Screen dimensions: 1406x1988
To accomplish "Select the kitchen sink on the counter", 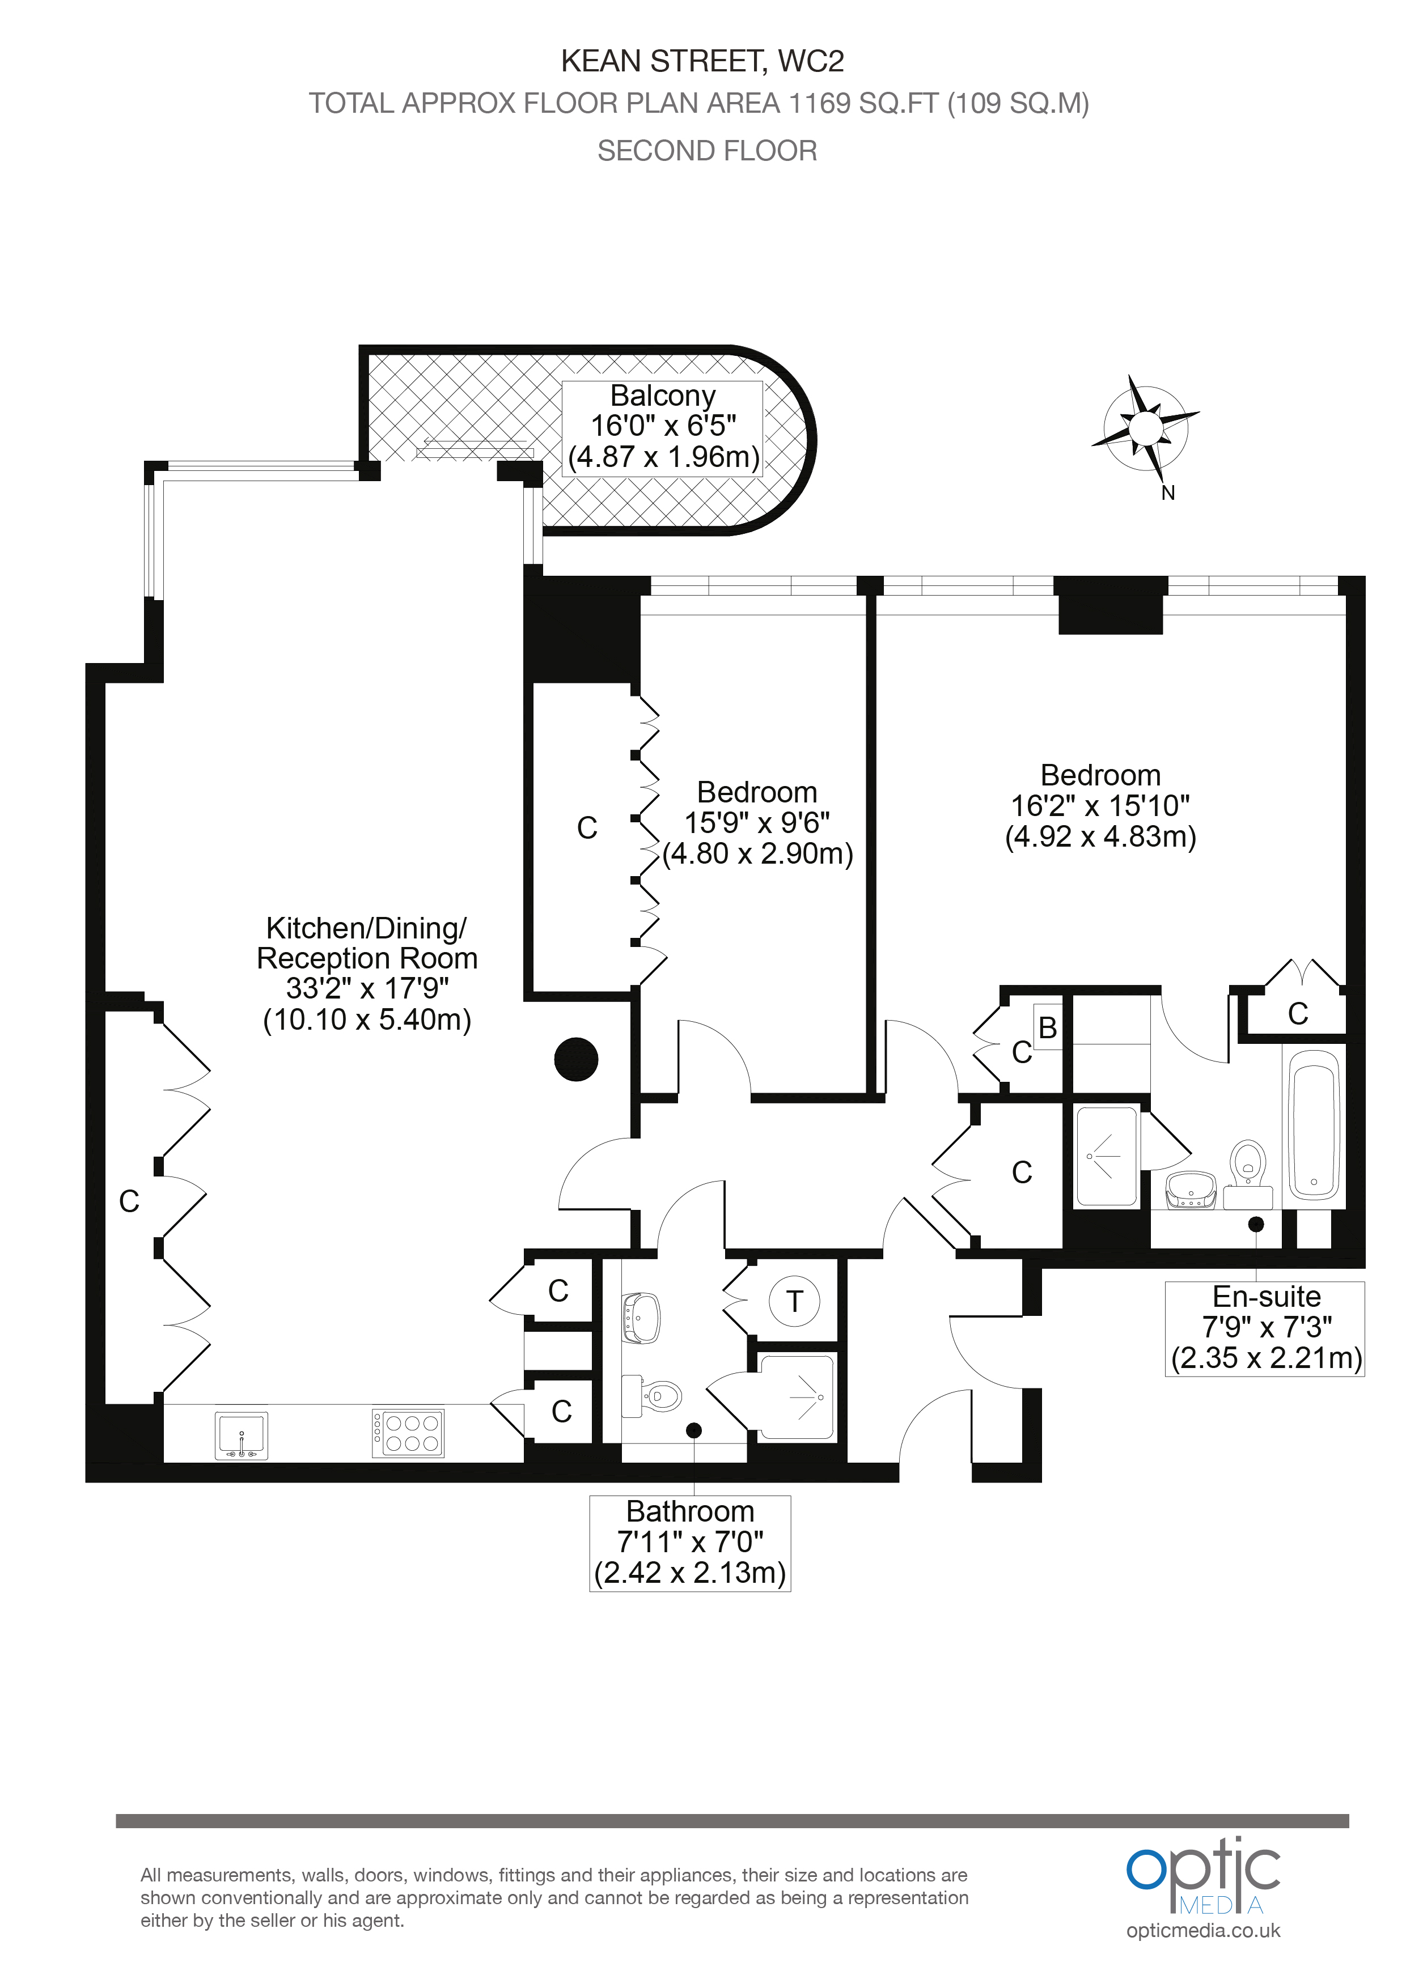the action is coord(242,1435).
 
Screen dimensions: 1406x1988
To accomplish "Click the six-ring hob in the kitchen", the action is coord(408,1434).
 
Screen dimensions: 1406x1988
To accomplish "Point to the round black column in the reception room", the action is coord(576,1059).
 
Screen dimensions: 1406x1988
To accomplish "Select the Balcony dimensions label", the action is coord(663,426).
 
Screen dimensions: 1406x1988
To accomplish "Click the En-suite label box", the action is coord(1265,1328).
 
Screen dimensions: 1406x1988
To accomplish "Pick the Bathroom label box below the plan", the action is coord(691,1543).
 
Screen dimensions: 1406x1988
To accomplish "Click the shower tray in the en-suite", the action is coord(1106,1156).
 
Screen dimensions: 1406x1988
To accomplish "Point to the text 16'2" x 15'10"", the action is coord(1100,806).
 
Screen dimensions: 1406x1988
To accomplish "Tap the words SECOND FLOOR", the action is coord(707,151).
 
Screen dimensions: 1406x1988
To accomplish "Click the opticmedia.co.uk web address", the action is coord(1203,1930).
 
